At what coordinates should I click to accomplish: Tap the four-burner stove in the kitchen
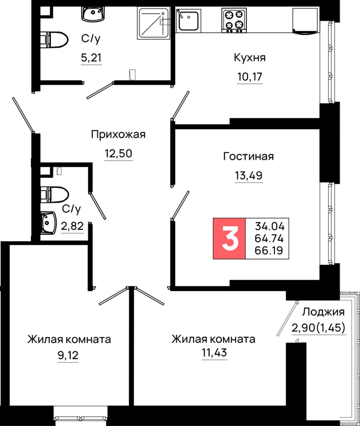click(x=234, y=20)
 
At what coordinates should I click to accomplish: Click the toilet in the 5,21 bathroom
click(x=54, y=40)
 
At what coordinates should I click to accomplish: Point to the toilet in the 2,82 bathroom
click(x=54, y=194)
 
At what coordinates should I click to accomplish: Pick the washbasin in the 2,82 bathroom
click(x=49, y=223)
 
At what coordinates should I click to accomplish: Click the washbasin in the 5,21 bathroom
click(x=92, y=14)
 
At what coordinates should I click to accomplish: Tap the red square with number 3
click(x=229, y=238)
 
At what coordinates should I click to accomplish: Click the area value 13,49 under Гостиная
click(x=249, y=175)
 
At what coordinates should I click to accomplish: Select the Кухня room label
click(x=249, y=58)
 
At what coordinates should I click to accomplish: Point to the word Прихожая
click(x=118, y=135)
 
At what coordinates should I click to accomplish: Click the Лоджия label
click(x=323, y=312)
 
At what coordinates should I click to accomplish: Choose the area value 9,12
click(x=68, y=355)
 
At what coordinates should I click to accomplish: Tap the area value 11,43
click(x=214, y=352)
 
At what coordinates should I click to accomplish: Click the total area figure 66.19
click(x=269, y=250)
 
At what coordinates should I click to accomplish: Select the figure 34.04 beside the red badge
click(x=269, y=226)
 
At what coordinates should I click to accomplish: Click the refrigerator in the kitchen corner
click(x=305, y=20)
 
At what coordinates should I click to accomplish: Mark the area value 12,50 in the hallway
click(x=119, y=153)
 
